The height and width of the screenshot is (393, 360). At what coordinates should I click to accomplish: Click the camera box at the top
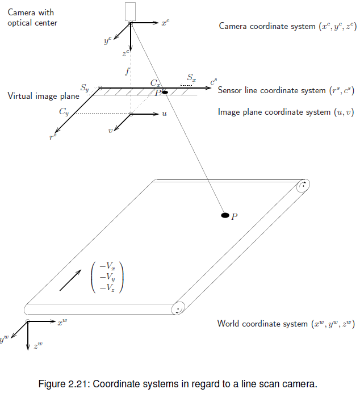pyautogui.click(x=130, y=12)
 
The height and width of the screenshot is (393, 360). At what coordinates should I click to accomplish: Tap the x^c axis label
pyautogui.click(x=165, y=23)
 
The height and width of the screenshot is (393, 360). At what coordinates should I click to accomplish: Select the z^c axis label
pyautogui.click(x=126, y=54)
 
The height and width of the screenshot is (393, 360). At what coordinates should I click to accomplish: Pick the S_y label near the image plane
pyautogui.click(x=85, y=88)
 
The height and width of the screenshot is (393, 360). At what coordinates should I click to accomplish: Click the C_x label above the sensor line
pyautogui.click(x=155, y=83)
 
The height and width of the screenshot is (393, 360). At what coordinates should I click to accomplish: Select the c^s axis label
pyautogui.click(x=213, y=83)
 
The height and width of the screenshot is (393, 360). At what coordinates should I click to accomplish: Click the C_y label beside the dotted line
pyautogui.click(x=64, y=112)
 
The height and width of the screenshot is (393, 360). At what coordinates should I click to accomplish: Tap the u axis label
pyautogui.click(x=164, y=114)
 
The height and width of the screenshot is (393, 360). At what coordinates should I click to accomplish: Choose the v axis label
pyautogui.click(x=111, y=130)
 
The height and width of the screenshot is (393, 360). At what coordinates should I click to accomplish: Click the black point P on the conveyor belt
pyautogui.click(x=225, y=215)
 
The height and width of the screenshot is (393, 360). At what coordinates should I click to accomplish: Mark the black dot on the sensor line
pyautogui.click(x=165, y=92)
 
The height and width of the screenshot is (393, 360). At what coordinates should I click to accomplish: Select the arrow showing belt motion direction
pyautogui.click(x=70, y=281)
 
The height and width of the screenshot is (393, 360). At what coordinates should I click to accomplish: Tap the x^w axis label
pyautogui.click(x=62, y=323)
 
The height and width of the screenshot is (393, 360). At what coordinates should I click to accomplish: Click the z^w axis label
pyautogui.click(x=37, y=345)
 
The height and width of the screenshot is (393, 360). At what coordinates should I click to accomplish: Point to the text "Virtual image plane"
pyautogui.click(x=43, y=96)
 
